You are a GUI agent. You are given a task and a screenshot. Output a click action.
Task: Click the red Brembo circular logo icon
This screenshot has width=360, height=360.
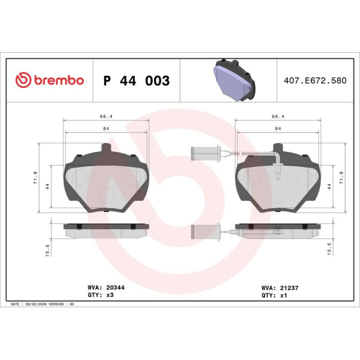[x=23, y=80]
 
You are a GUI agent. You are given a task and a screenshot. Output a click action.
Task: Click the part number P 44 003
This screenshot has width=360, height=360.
[x=137, y=80]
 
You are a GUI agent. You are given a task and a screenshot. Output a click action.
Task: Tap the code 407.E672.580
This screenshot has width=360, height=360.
[x=315, y=80]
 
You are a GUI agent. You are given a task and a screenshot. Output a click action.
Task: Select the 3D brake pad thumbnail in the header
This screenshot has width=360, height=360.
[x=234, y=80]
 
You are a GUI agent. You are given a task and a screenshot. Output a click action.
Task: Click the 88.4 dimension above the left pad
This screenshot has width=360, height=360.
[x=106, y=116]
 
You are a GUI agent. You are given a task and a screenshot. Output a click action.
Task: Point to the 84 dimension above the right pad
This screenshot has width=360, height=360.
[x=278, y=129]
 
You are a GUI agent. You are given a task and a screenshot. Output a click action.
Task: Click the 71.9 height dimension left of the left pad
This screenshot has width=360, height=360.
[x=36, y=178]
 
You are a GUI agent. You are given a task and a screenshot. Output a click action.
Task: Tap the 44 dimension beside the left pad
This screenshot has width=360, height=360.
[x=48, y=187]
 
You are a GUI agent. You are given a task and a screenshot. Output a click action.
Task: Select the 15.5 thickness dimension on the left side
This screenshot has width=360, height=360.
[x=48, y=251]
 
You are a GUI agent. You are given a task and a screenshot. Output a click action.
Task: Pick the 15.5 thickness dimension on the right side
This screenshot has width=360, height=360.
[x=329, y=249]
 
